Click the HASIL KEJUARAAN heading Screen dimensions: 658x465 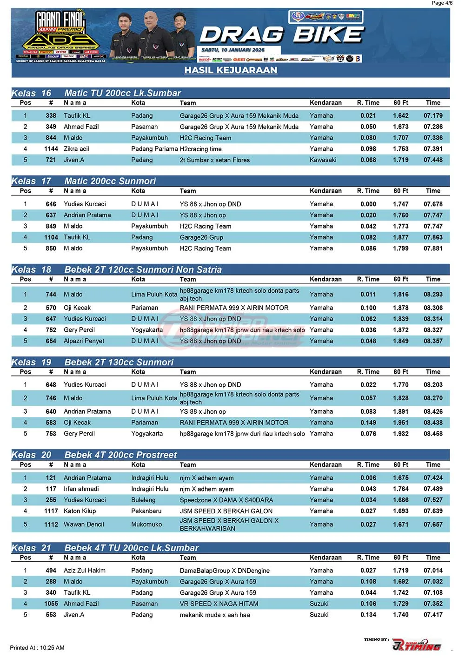(x=231, y=70)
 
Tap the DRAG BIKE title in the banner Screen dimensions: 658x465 (x=282, y=35)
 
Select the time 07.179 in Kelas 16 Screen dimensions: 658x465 (x=433, y=116)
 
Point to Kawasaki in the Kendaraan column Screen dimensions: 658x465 (x=323, y=160)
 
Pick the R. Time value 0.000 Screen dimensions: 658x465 (x=368, y=204)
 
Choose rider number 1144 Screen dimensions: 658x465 (x=51, y=149)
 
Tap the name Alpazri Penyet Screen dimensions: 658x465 (x=84, y=341)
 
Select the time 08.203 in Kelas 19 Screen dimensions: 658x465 (x=433, y=385)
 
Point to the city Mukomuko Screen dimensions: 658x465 (x=146, y=524)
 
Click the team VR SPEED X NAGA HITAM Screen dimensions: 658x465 (x=219, y=604)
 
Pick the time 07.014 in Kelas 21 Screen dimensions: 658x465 (x=433, y=571)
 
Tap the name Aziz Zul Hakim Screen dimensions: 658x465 (x=84, y=571)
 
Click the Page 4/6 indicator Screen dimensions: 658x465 (x=442, y=3)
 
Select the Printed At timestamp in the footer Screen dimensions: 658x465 (x=37, y=648)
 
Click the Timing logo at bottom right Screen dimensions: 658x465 (x=416, y=645)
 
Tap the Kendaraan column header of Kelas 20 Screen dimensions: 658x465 (x=325, y=465)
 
